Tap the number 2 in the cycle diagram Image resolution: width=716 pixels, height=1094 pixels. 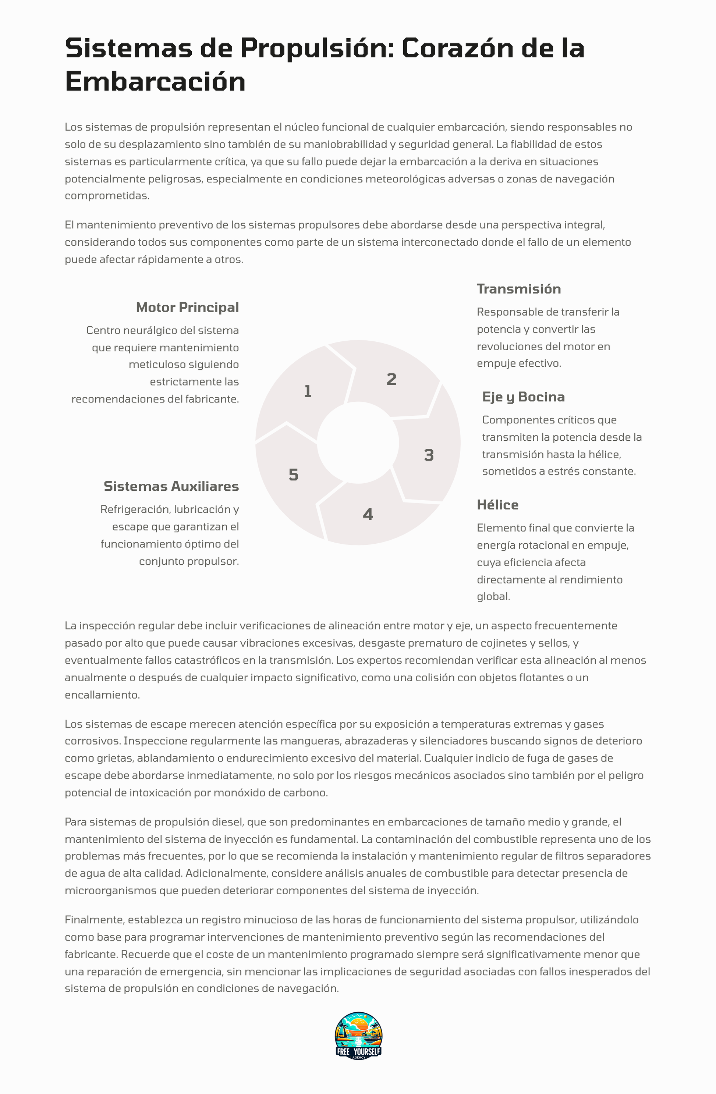point(391,379)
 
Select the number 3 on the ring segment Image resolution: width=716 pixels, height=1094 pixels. point(429,455)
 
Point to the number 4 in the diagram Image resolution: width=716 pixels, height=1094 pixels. point(368,514)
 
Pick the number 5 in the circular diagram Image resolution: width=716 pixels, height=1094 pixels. point(293,475)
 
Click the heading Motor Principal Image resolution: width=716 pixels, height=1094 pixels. point(187,307)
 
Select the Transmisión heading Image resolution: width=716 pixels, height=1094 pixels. point(519,289)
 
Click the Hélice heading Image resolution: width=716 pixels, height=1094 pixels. point(497,505)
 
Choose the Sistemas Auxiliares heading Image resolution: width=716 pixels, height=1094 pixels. point(171,486)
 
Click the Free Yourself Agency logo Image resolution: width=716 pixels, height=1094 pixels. point(358,1035)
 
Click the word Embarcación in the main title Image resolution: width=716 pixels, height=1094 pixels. point(155,82)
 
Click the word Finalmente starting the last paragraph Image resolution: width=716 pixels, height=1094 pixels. point(94,920)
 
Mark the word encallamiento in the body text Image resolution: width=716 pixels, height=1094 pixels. point(102,695)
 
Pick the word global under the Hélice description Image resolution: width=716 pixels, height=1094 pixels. point(493,597)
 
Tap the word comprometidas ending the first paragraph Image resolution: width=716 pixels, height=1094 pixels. point(107,196)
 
